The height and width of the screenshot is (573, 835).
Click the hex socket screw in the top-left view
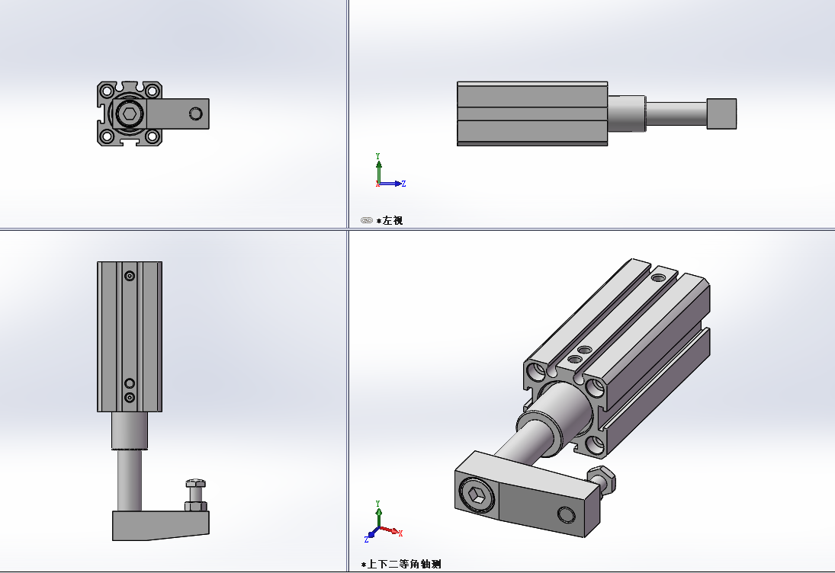point(130,114)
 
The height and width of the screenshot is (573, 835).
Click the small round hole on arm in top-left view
point(196,114)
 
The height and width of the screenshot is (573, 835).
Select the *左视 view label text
point(392,220)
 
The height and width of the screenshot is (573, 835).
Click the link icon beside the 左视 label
point(367,220)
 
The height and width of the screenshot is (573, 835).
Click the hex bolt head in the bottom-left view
point(195,483)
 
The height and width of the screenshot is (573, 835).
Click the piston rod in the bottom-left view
point(130,480)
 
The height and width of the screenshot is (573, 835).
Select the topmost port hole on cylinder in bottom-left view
point(130,276)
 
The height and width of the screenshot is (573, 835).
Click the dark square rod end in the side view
point(721,114)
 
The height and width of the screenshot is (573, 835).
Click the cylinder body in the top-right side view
point(532,114)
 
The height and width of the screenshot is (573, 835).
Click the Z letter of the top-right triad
point(403,184)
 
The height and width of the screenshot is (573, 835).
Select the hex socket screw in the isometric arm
point(477,497)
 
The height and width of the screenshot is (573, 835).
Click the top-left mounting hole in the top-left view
point(108,91)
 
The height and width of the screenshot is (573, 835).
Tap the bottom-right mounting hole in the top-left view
point(153,136)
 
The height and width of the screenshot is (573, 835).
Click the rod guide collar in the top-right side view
point(627,114)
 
